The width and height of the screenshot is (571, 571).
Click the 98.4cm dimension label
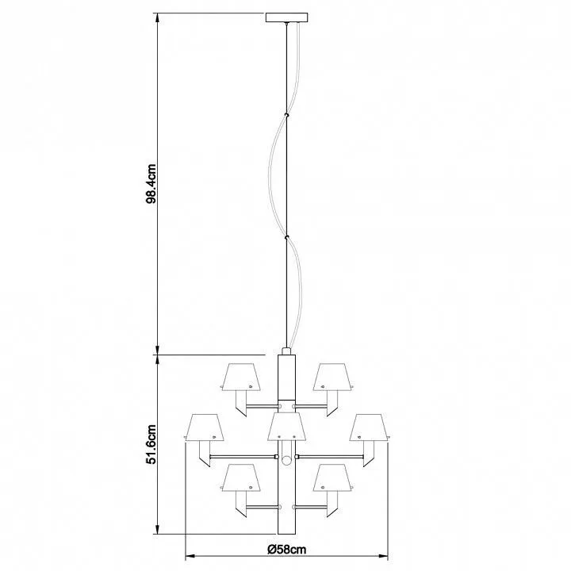point(151,183)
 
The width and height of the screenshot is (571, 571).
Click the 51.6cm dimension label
point(151,444)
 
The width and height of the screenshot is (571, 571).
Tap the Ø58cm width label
point(286,549)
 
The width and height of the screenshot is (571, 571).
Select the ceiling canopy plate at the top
point(286,17)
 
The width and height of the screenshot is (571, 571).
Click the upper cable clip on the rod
point(286,116)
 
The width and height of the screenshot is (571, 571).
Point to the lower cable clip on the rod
point(286,238)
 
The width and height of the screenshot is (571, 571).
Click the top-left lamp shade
point(241,377)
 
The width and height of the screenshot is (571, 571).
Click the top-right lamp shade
point(333,377)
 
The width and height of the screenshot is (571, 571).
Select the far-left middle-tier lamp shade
point(205,427)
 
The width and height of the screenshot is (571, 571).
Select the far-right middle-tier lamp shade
point(370,427)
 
